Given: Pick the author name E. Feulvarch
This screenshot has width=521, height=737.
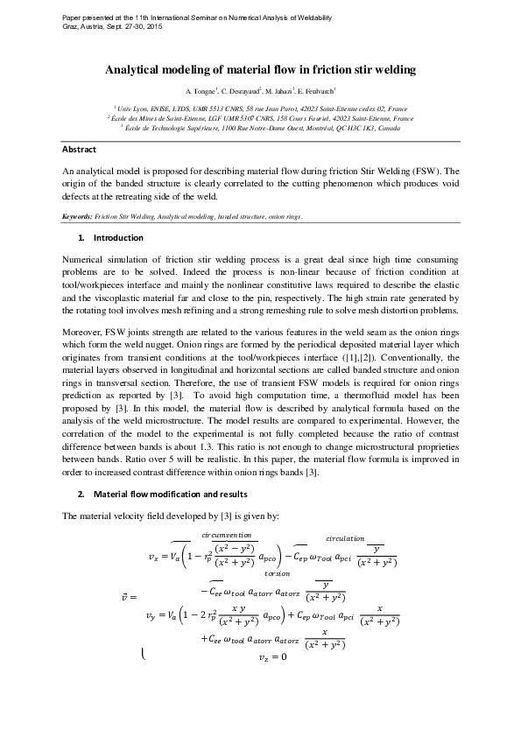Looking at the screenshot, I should (317, 91).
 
